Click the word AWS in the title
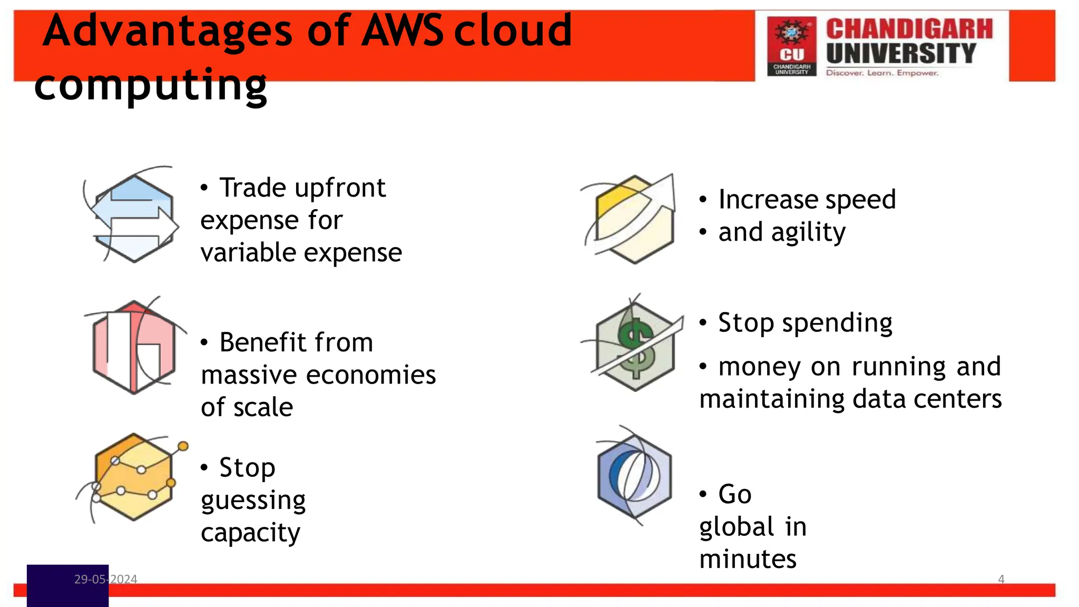click(403, 31)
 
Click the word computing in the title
click(151, 85)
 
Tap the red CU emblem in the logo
click(791, 46)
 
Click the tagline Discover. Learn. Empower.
click(882, 73)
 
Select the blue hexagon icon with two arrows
click(134, 218)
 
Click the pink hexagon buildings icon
click(134, 347)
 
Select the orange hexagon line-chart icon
click(134, 477)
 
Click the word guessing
click(253, 501)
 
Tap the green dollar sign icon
click(635, 346)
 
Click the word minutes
click(748, 559)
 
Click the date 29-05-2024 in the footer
click(105, 579)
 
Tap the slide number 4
click(1001, 579)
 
